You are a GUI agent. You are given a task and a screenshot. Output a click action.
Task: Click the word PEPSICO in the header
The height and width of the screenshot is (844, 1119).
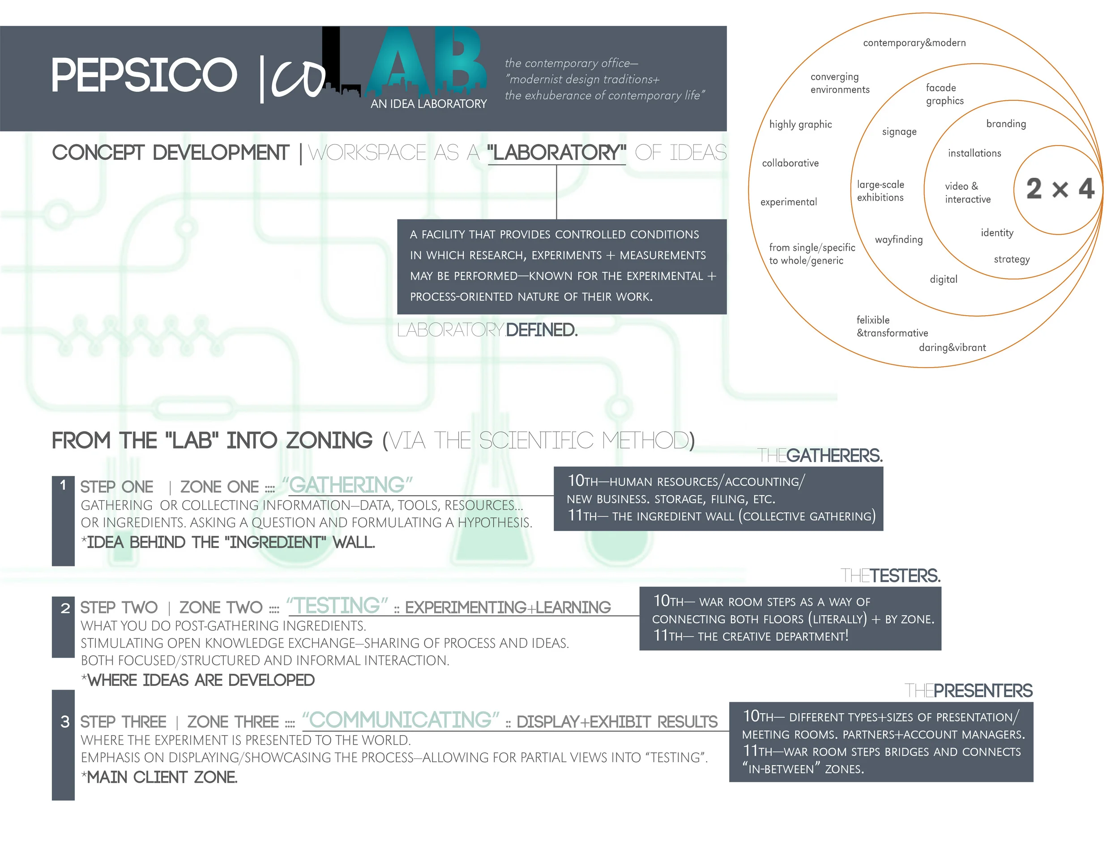click(144, 75)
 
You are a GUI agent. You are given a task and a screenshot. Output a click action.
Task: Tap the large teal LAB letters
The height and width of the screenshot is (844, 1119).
click(425, 61)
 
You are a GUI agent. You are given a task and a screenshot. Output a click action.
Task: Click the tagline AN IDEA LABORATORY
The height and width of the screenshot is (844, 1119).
click(428, 104)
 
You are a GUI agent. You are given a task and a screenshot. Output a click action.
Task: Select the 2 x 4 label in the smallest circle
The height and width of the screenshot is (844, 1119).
click(1060, 189)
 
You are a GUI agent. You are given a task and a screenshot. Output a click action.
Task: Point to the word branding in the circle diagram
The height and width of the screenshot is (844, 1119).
click(1006, 124)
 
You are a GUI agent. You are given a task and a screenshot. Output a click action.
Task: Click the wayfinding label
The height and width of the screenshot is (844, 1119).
click(898, 240)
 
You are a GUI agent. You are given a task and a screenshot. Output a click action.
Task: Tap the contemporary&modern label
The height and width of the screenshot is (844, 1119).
click(914, 43)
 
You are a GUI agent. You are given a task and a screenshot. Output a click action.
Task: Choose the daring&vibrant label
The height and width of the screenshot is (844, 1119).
click(952, 347)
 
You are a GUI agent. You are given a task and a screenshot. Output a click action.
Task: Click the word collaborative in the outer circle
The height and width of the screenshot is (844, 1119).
click(790, 163)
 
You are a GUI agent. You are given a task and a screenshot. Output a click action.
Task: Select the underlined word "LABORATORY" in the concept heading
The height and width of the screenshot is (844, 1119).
click(556, 153)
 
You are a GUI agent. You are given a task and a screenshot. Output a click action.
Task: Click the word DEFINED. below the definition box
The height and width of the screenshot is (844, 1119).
click(541, 330)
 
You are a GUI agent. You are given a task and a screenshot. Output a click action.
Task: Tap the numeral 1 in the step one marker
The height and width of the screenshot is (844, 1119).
click(63, 485)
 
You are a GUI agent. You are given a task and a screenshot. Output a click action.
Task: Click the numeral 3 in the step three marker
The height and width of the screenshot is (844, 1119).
click(65, 722)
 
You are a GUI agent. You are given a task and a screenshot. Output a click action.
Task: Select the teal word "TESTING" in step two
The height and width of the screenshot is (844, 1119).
click(337, 606)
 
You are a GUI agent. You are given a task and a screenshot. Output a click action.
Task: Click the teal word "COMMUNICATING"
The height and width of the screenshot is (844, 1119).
click(401, 720)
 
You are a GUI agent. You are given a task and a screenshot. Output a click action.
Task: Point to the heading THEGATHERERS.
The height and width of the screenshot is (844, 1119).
click(820, 455)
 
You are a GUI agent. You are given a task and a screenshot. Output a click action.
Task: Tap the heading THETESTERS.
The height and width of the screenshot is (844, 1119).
click(890, 576)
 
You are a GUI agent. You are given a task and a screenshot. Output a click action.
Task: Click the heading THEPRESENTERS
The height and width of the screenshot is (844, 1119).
click(968, 691)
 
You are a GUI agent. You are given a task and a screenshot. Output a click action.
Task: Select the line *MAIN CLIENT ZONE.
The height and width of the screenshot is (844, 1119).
click(159, 777)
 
